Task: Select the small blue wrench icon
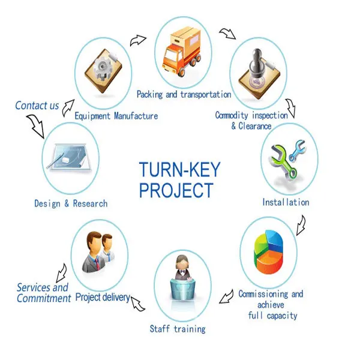tap(298, 150)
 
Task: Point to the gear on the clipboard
tap(103, 67)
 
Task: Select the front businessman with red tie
tap(94, 251)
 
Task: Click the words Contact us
tap(37, 106)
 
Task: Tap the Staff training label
tap(178, 329)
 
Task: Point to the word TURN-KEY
tap(179, 169)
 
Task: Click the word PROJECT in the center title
tap(176, 190)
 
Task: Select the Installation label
tap(286, 202)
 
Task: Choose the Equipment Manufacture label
tap(116, 116)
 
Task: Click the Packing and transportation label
tap(184, 94)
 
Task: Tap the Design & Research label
tap(71, 203)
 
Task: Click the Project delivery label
tap(103, 298)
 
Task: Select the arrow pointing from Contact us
tap(36, 125)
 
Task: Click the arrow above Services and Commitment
tap(62, 273)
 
